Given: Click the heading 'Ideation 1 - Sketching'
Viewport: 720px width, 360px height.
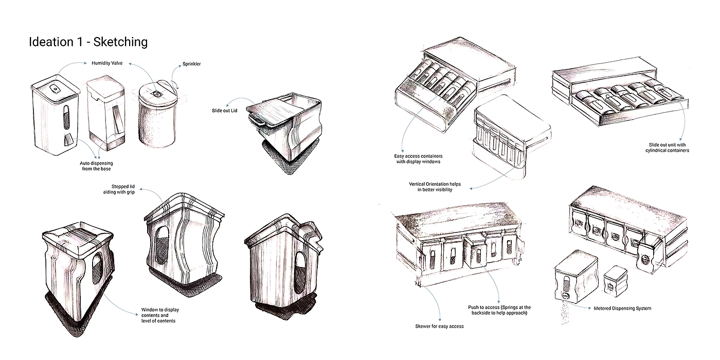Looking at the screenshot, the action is coord(88,42).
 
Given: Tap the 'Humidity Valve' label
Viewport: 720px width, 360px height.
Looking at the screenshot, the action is coord(107,63).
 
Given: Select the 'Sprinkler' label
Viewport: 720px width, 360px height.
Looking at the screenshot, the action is coord(191,64).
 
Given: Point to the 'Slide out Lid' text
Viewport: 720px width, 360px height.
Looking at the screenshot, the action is coord(224,111).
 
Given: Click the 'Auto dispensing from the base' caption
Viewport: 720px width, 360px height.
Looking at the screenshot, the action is coord(97,166).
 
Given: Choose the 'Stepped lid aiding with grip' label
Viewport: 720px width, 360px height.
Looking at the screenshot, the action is coord(119,189).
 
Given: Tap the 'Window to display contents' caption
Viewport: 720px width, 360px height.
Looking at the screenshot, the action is coord(160,315).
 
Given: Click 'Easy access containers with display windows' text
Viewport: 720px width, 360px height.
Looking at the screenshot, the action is coord(419,159).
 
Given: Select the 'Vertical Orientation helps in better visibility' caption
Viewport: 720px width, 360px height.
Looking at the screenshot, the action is coord(435,187).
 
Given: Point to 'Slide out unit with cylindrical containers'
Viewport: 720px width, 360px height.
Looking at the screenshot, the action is coord(668,148).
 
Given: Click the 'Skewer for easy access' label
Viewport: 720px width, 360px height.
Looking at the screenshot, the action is coord(439,326).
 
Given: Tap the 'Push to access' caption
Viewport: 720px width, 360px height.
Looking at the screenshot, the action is coord(499,310).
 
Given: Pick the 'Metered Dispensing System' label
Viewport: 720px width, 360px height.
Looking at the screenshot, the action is coord(623,308).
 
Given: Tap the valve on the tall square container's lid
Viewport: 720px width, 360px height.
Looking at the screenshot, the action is coord(56,88).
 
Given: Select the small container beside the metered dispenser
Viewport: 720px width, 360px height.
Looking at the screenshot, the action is coord(616,281).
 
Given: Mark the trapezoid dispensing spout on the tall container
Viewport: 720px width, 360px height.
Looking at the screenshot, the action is coord(68,140).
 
